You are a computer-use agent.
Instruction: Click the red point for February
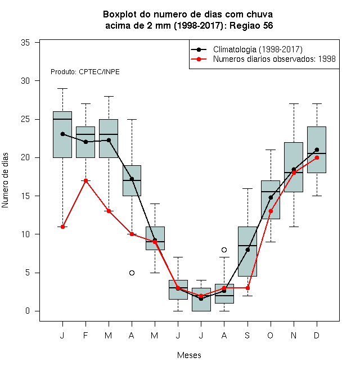[85, 181]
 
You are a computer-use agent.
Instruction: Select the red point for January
[62, 227]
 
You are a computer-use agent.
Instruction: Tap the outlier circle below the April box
[132, 273]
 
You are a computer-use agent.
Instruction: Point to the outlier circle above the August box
[224, 250]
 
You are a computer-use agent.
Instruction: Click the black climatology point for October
[271, 197]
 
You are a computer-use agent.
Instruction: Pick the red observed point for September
[247, 288]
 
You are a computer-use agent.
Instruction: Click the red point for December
[317, 158]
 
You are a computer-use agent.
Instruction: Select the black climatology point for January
[62, 134]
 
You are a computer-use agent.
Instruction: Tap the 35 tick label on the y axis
[25, 43]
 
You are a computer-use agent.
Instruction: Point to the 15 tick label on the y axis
[25, 196]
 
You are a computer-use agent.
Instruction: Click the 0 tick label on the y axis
[28, 311]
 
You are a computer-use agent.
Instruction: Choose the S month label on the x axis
[247, 336]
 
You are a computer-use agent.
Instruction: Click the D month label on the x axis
[317, 336]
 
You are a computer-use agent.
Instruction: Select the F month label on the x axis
[85, 336]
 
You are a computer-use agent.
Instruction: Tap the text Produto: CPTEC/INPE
[85, 72]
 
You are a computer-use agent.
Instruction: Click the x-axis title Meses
[189, 355]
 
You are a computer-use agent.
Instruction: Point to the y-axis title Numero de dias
[5, 180]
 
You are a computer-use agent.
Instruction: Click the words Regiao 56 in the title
[251, 25]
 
